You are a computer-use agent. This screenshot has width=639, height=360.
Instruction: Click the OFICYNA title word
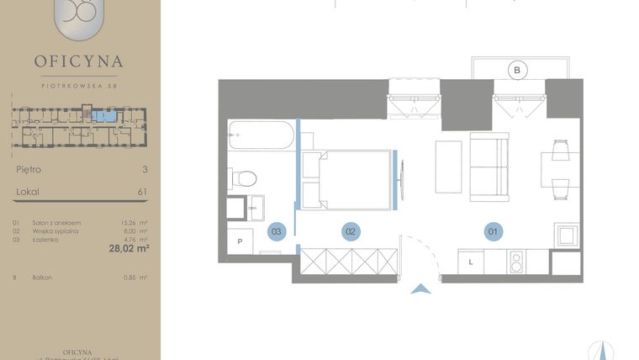click(x=79, y=61)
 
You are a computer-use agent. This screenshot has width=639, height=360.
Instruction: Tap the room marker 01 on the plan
click(x=494, y=230)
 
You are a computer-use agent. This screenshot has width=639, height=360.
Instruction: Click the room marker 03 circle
click(x=277, y=230)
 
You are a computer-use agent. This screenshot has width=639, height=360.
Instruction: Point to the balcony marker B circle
click(x=517, y=71)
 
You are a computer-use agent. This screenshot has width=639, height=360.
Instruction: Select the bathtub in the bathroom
click(x=261, y=134)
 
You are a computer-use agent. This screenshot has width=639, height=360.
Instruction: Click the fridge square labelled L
click(x=472, y=262)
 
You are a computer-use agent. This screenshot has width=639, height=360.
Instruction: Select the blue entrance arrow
click(x=421, y=289)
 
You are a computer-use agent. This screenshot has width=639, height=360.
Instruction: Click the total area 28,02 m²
click(x=129, y=249)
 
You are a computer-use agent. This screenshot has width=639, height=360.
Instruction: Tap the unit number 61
click(x=142, y=192)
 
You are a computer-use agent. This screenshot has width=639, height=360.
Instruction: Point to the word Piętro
click(x=29, y=169)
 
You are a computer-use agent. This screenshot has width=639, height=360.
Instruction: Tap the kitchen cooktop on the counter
click(x=516, y=262)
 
